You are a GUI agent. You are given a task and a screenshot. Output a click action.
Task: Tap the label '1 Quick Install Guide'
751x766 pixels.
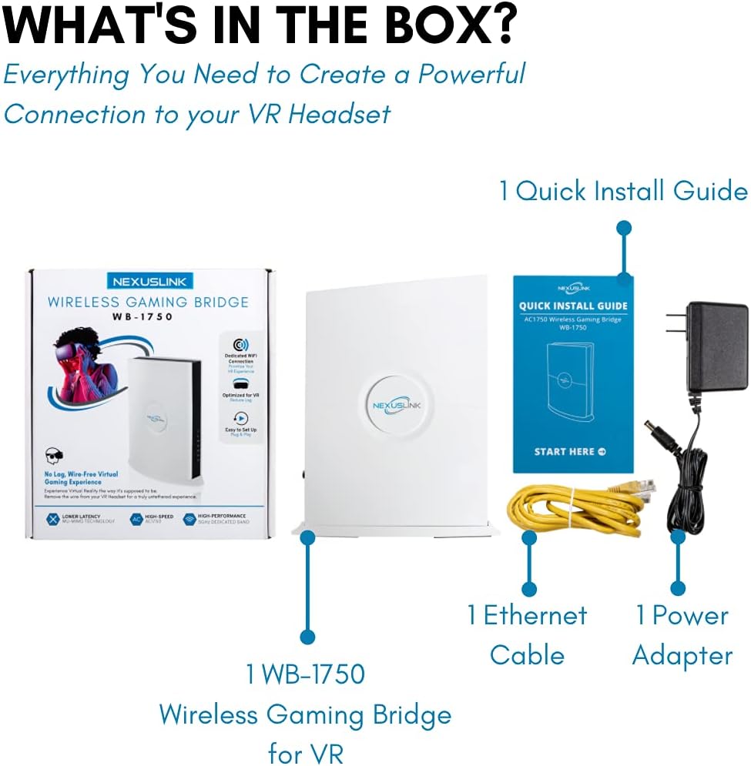point(623,191)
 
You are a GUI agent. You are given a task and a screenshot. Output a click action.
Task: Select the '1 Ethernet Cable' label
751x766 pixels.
point(527,635)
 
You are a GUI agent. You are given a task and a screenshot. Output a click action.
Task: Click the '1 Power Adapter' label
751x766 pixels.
point(682,635)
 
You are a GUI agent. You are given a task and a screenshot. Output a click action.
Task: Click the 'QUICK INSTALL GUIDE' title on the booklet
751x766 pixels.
point(573,306)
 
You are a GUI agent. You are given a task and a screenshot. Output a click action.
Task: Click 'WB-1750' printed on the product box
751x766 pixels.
point(148,317)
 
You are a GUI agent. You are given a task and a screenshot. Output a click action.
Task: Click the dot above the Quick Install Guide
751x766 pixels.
point(624,228)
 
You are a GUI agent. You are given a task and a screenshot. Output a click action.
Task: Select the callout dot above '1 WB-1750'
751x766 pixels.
point(307,637)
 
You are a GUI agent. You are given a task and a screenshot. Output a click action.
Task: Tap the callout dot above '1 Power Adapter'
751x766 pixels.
point(678,588)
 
